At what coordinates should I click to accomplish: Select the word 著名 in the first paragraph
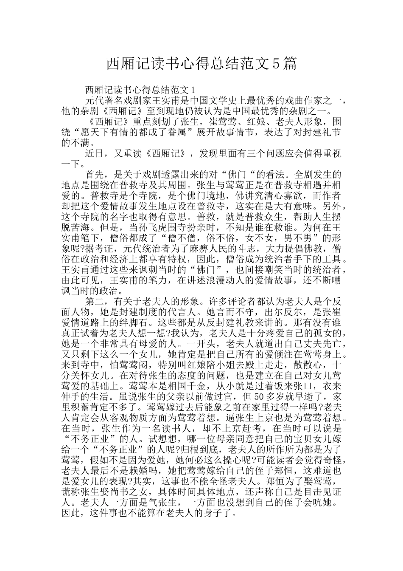coord(119,101)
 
